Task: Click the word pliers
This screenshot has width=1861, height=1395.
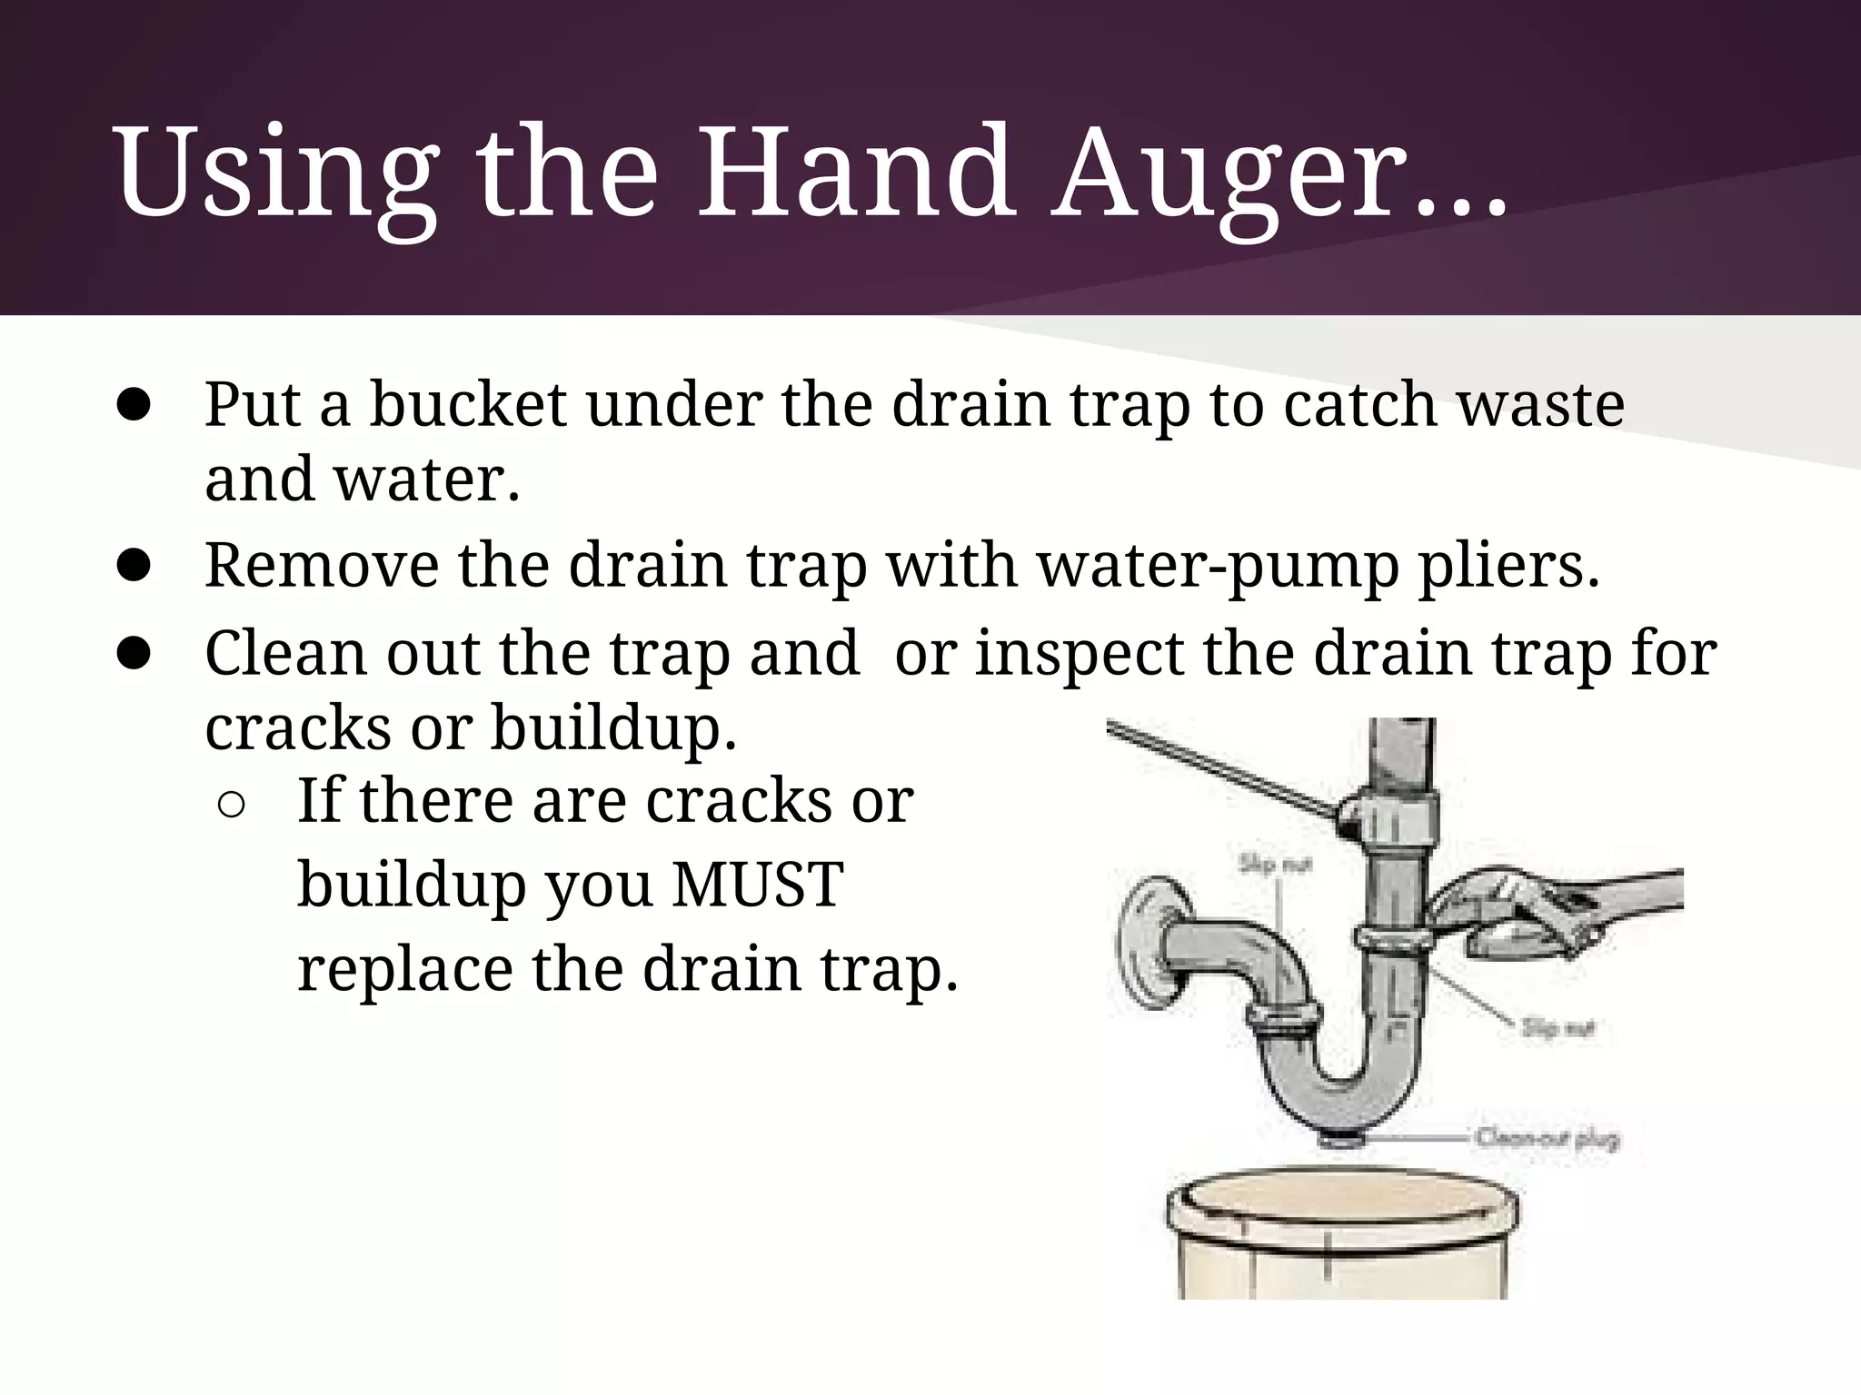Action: [x=1508, y=566]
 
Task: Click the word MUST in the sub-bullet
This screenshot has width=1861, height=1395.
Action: [x=758, y=885]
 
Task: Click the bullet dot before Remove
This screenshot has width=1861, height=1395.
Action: [x=134, y=566]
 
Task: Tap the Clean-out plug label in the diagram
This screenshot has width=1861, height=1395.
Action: [x=1548, y=1138]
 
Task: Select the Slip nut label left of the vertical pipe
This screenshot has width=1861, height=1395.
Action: [x=1275, y=865]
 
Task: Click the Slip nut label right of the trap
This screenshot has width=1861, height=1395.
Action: [x=1557, y=1028]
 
